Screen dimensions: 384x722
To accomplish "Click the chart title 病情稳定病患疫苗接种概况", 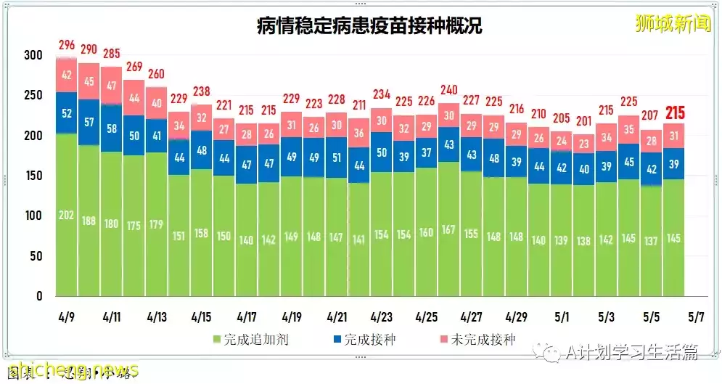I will (369, 26).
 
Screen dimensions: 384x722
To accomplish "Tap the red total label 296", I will (67, 46).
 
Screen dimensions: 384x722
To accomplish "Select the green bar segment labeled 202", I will (67, 215).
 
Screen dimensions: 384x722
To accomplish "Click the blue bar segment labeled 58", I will (111, 128).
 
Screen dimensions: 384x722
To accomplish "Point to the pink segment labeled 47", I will (111, 85).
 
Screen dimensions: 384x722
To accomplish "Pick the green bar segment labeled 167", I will (448, 229).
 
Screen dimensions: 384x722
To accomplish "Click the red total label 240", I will (448, 90).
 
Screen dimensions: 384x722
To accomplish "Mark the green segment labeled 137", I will (652, 240).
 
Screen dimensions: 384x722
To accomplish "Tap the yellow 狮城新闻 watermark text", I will (672, 23).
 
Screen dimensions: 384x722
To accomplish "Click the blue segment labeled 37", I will (426, 152).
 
